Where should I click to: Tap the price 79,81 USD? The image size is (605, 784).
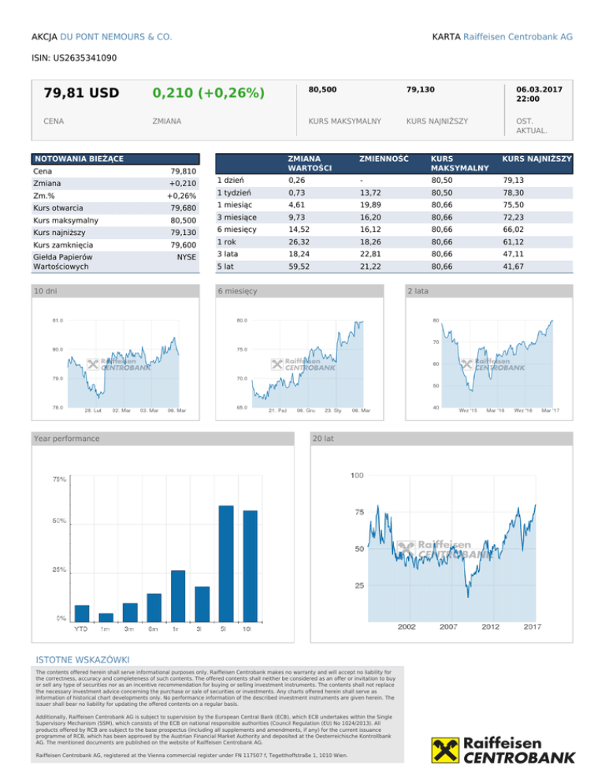point(81,94)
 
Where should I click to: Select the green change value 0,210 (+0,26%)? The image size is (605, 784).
point(208,94)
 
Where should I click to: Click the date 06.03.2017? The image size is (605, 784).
point(539,90)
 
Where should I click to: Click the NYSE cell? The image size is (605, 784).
point(186,257)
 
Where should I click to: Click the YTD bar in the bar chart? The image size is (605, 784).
point(81,611)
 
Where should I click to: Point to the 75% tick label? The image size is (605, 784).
point(59,480)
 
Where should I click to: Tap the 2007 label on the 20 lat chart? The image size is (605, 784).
point(448,626)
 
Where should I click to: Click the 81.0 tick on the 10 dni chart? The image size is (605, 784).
point(58,320)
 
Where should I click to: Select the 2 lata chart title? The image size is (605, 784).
point(418,291)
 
